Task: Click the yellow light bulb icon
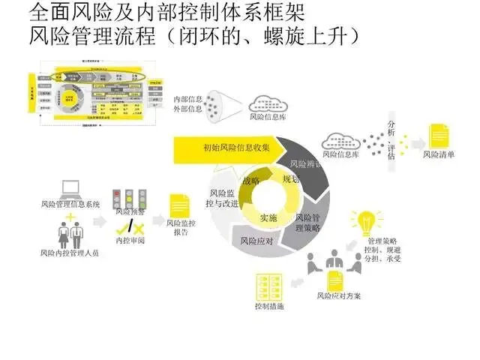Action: [365, 223]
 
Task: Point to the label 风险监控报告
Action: [181, 227]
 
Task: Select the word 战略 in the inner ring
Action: [251, 181]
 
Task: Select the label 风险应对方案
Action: [339, 295]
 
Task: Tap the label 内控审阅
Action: [129, 241]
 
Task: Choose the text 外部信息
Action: [188, 109]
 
